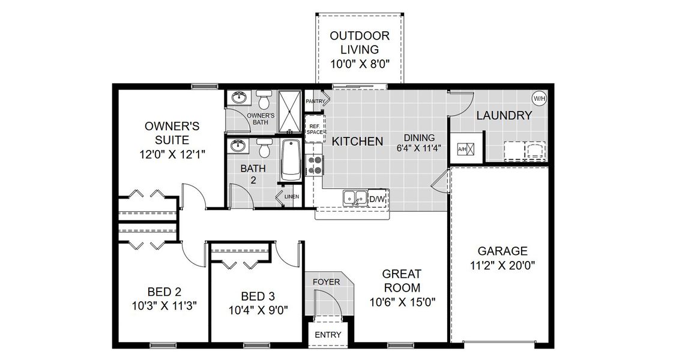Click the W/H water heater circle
[x=539, y=98]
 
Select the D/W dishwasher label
[x=377, y=199]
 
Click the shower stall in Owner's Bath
[x=290, y=110]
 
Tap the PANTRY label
[x=315, y=102]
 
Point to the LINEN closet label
[x=292, y=196]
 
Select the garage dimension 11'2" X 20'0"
[x=502, y=264]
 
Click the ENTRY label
[x=328, y=335]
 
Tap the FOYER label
[x=327, y=281]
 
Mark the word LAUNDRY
[x=504, y=116]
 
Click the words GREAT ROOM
[x=400, y=280]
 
